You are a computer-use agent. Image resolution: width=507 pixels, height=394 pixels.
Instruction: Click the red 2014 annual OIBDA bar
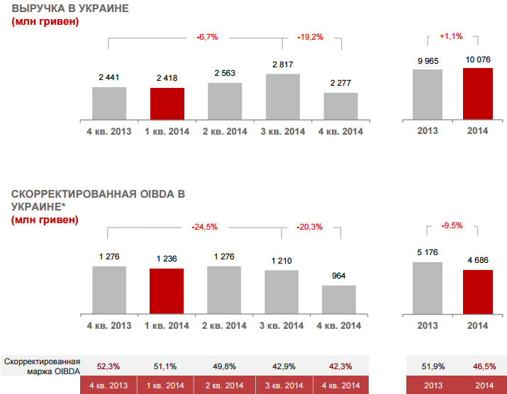click(x=477, y=291)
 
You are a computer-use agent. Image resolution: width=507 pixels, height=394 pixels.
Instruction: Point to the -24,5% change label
click(x=204, y=227)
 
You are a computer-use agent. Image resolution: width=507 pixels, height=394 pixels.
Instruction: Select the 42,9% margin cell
click(x=282, y=366)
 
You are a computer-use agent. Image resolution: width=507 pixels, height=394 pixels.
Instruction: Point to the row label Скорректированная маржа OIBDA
click(x=42, y=366)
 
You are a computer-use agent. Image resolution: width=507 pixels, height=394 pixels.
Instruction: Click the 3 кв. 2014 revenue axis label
click(x=282, y=131)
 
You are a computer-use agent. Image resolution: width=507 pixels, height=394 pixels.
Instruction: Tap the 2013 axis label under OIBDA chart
click(x=428, y=325)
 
